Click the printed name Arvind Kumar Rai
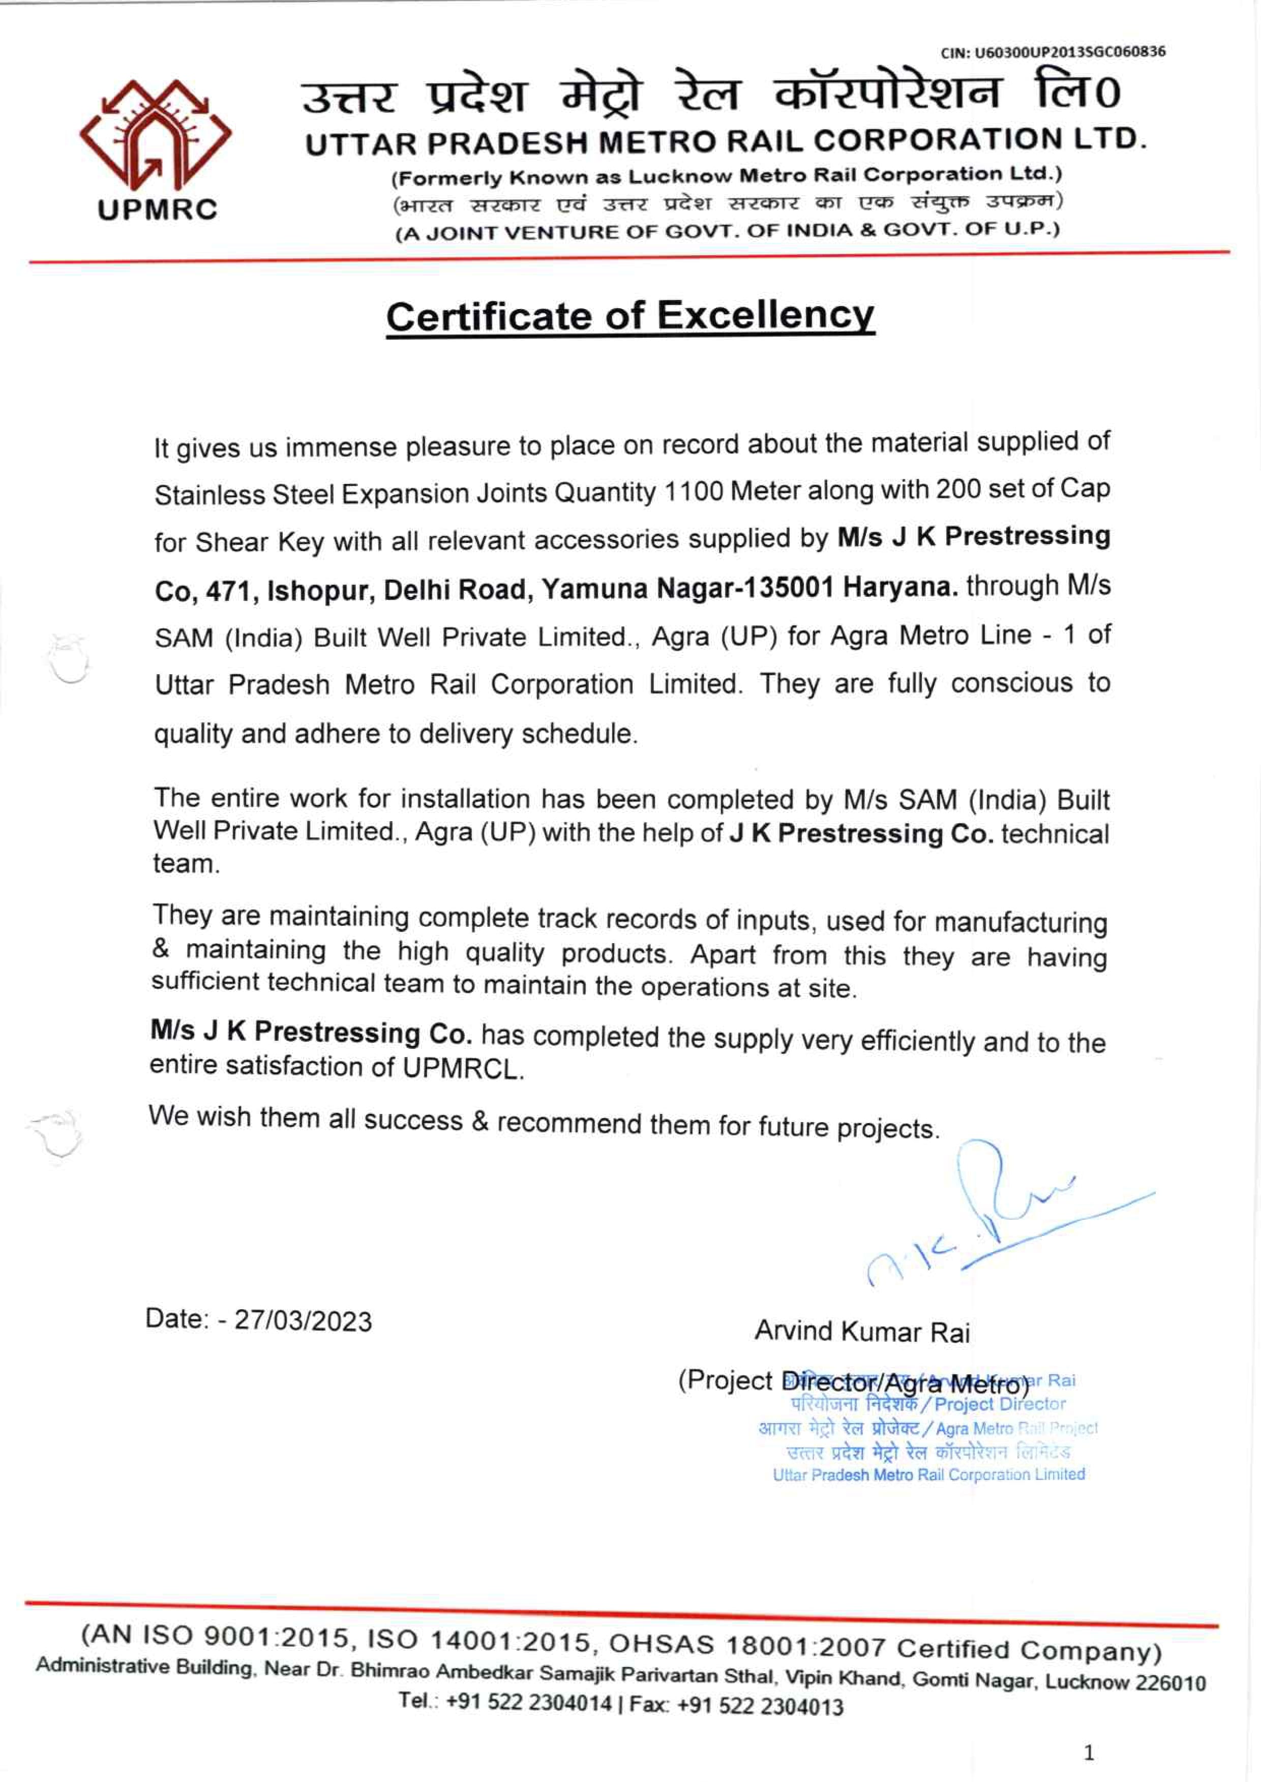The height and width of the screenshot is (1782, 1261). pyautogui.click(x=862, y=1332)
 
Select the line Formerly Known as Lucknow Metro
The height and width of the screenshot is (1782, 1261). pyautogui.click(x=727, y=176)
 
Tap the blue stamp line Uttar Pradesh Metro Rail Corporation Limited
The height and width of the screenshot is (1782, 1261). pyautogui.click(x=928, y=1474)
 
